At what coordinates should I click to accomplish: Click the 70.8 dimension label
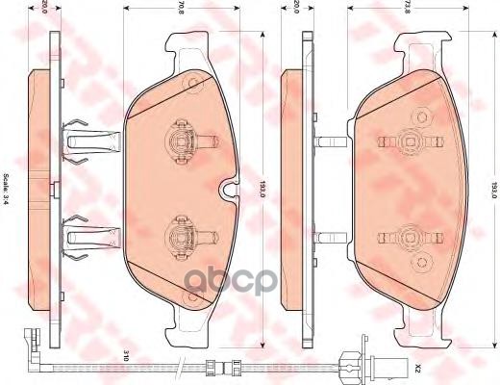tap(180, 11)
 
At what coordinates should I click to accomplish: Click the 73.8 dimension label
tap(409, 11)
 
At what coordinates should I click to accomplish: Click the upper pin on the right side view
tap(327, 141)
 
